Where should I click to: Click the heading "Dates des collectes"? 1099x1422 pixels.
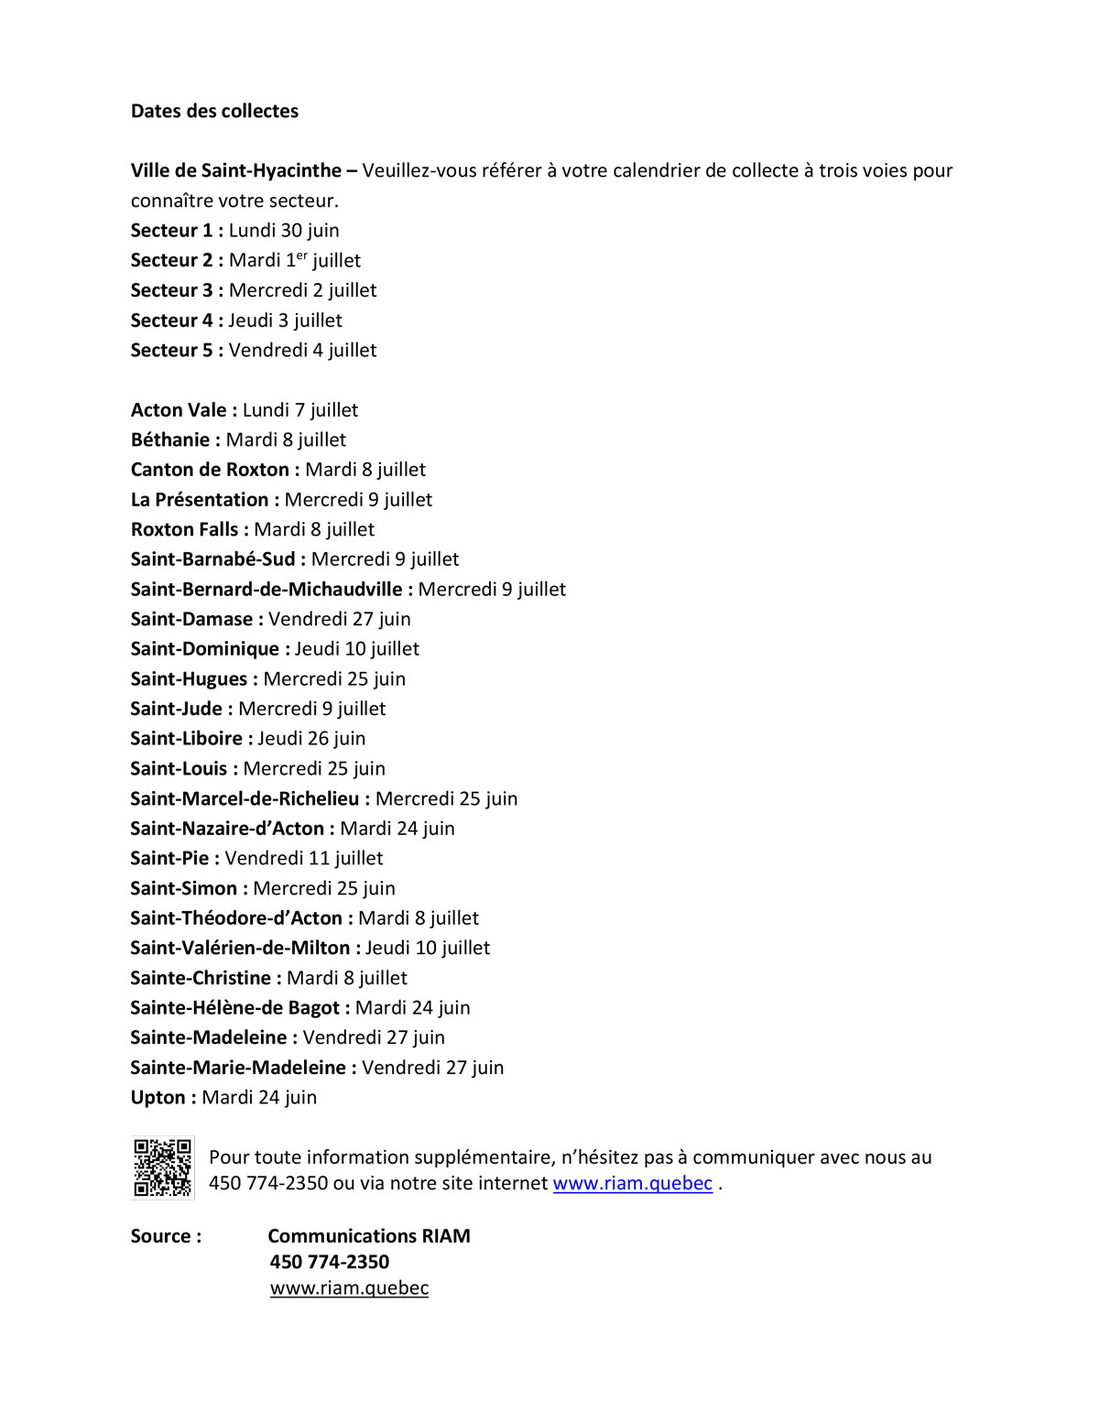click(214, 111)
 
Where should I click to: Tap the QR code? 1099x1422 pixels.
click(162, 1167)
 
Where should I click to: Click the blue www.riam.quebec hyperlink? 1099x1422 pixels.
click(632, 1183)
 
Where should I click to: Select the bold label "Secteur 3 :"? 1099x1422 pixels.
click(177, 290)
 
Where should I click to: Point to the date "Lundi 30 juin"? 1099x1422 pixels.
click(284, 231)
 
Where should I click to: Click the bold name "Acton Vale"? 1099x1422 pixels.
click(179, 410)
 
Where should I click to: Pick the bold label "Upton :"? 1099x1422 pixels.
click(163, 1097)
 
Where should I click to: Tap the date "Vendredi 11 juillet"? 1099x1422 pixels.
click(304, 858)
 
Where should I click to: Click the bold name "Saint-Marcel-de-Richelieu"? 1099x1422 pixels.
click(245, 798)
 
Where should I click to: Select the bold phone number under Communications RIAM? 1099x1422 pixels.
click(330, 1262)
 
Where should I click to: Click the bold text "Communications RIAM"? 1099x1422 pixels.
click(369, 1236)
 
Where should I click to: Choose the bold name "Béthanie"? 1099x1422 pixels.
click(170, 440)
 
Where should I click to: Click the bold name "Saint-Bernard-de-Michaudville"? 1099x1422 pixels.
click(267, 589)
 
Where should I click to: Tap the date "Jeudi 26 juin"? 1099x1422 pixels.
click(311, 738)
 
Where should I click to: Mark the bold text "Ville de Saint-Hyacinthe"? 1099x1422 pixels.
click(236, 170)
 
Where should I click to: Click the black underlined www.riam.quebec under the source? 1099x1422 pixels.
click(349, 1287)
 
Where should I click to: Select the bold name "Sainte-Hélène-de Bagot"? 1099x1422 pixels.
click(235, 1007)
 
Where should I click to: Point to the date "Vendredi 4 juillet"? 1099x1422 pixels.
click(302, 350)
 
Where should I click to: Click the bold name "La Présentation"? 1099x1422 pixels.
click(200, 499)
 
